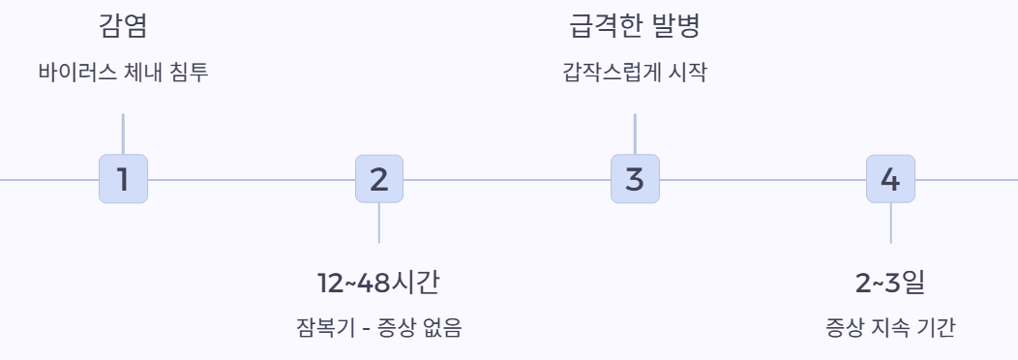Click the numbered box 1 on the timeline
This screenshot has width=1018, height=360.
pyautogui.click(x=123, y=179)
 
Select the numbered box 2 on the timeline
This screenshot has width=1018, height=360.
pyautogui.click(x=378, y=179)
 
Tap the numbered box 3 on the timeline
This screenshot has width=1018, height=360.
pyautogui.click(x=634, y=179)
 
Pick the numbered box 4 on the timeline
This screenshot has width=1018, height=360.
pyautogui.click(x=889, y=179)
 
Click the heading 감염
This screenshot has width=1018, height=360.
pyautogui.click(x=123, y=26)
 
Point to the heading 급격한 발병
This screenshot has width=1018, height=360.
pyautogui.click(x=634, y=26)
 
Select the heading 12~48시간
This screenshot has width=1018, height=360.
pyautogui.click(x=378, y=283)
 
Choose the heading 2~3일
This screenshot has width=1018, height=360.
pyautogui.click(x=889, y=283)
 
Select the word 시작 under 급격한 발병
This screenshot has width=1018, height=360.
pyautogui.click(x=686, y=73)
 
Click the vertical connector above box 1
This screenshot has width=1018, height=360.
pyautogui.click(x=123, y=134)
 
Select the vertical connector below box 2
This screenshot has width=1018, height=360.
pyautogui.click(x=378, y=223)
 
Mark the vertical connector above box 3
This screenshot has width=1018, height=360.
pyautogui.click(x=634, y=134)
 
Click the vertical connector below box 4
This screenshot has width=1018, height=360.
pyautogui.click(x=889, y=223)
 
